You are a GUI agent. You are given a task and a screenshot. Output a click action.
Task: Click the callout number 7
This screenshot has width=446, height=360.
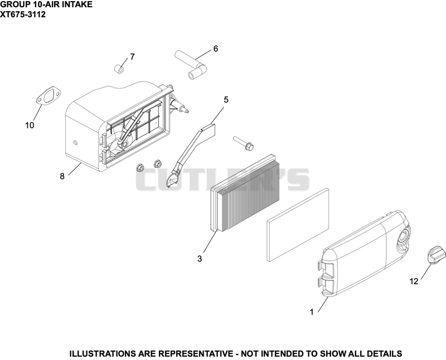132,57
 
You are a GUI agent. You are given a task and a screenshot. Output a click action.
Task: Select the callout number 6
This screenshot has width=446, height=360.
216,49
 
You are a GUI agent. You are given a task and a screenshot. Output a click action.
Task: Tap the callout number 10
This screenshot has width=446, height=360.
30,125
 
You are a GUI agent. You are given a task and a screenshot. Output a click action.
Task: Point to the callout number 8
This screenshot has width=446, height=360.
62,176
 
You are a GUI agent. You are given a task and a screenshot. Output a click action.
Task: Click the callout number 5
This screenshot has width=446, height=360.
226,100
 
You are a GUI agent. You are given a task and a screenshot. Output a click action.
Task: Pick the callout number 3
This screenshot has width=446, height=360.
200,259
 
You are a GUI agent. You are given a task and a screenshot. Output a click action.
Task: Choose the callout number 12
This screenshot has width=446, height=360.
414,281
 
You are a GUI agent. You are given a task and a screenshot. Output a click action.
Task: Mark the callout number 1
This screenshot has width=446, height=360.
312,312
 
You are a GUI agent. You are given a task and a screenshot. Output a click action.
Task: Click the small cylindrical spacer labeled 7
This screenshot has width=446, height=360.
119,69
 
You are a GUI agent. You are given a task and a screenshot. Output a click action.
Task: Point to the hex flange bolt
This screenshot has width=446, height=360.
244,143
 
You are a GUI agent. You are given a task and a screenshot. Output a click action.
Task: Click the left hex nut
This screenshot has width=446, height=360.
140,168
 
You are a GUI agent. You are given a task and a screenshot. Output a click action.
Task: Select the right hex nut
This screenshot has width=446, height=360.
158,163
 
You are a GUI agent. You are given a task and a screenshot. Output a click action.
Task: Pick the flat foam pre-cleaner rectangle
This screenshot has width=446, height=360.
298,225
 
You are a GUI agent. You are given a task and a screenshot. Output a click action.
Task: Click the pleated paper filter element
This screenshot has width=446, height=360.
246,193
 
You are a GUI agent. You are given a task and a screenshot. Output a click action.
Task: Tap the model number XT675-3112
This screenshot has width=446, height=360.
23,14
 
